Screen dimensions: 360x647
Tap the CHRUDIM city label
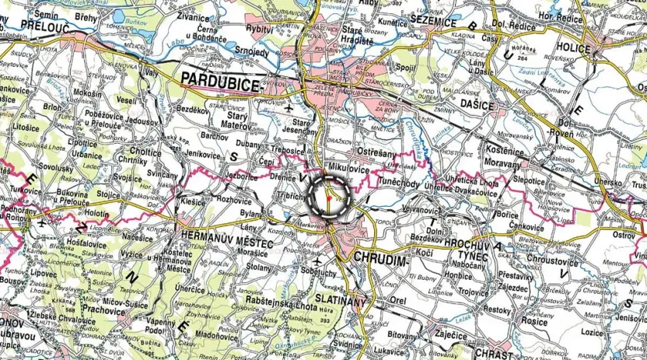[380, 257]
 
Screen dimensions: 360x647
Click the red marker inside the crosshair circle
[330, 201]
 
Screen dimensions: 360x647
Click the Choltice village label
[145, 152]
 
